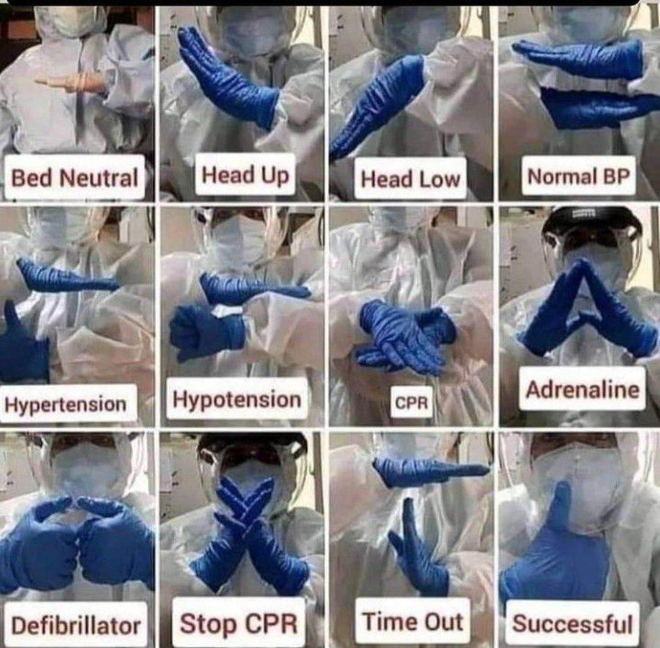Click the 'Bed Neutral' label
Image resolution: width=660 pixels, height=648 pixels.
pyautogui.click(x=75, y=177)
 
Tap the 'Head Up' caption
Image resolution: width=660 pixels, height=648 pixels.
pyautogui.click(x=246, y=174)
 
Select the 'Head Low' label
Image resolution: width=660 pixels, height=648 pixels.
pyautogui.click(x=411, y=178)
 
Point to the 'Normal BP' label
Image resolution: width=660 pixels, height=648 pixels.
pyautogui.click(x=578, y=176)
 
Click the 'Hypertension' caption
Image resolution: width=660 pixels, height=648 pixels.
pyautogui.click(x=67, y=404)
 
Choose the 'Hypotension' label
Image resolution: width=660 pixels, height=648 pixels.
pyautogui.click(x=237, y=399)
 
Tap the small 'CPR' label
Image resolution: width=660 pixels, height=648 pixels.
pyautogui.click(x=411, y=402)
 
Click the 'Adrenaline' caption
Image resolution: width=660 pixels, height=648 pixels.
pyautogui.click(x=582, y=389)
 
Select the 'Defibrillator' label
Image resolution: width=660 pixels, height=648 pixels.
pyautogui.click(x=76, y=625)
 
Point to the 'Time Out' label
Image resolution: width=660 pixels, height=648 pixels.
pyautogui.click(x=413, y=621)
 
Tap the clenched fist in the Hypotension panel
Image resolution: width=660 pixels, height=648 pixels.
pyautogui.click(x=207, y=332)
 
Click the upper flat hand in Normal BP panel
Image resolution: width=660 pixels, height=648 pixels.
pyautogui.click(x=579, y=59)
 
